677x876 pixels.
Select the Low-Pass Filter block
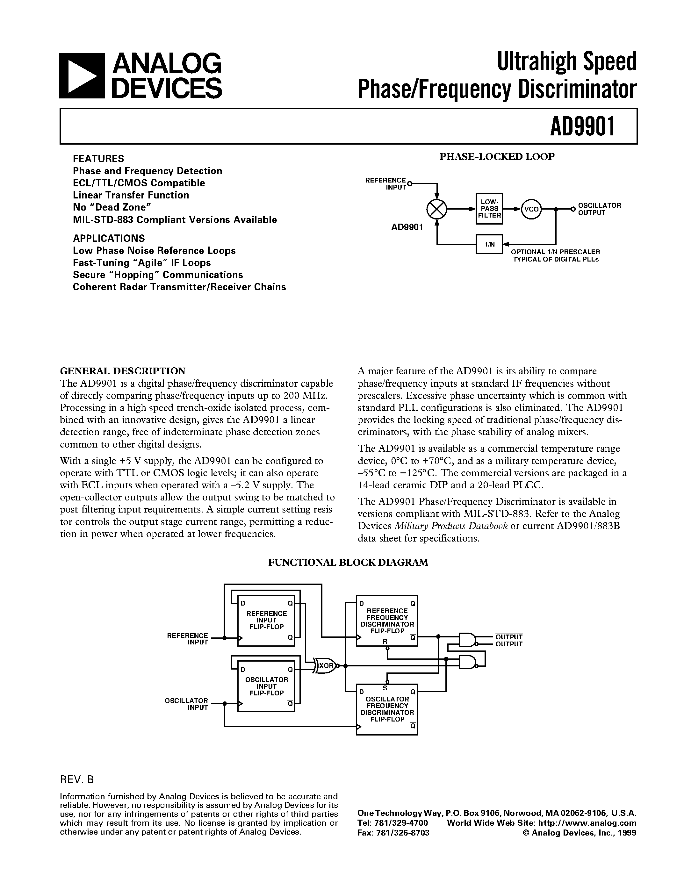(x=489, y=209)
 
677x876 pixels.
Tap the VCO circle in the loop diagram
(x=531, y=209)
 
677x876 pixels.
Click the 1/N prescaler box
(x=489, y=244)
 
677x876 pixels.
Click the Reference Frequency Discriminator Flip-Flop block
(x=387, y=621)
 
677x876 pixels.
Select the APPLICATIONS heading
(x=109, y=238)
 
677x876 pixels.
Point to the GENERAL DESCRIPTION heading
(x=123, y=370)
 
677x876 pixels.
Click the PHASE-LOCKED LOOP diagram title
(x=497, y=157)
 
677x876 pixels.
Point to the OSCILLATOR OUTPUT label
(x=599, y=209)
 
